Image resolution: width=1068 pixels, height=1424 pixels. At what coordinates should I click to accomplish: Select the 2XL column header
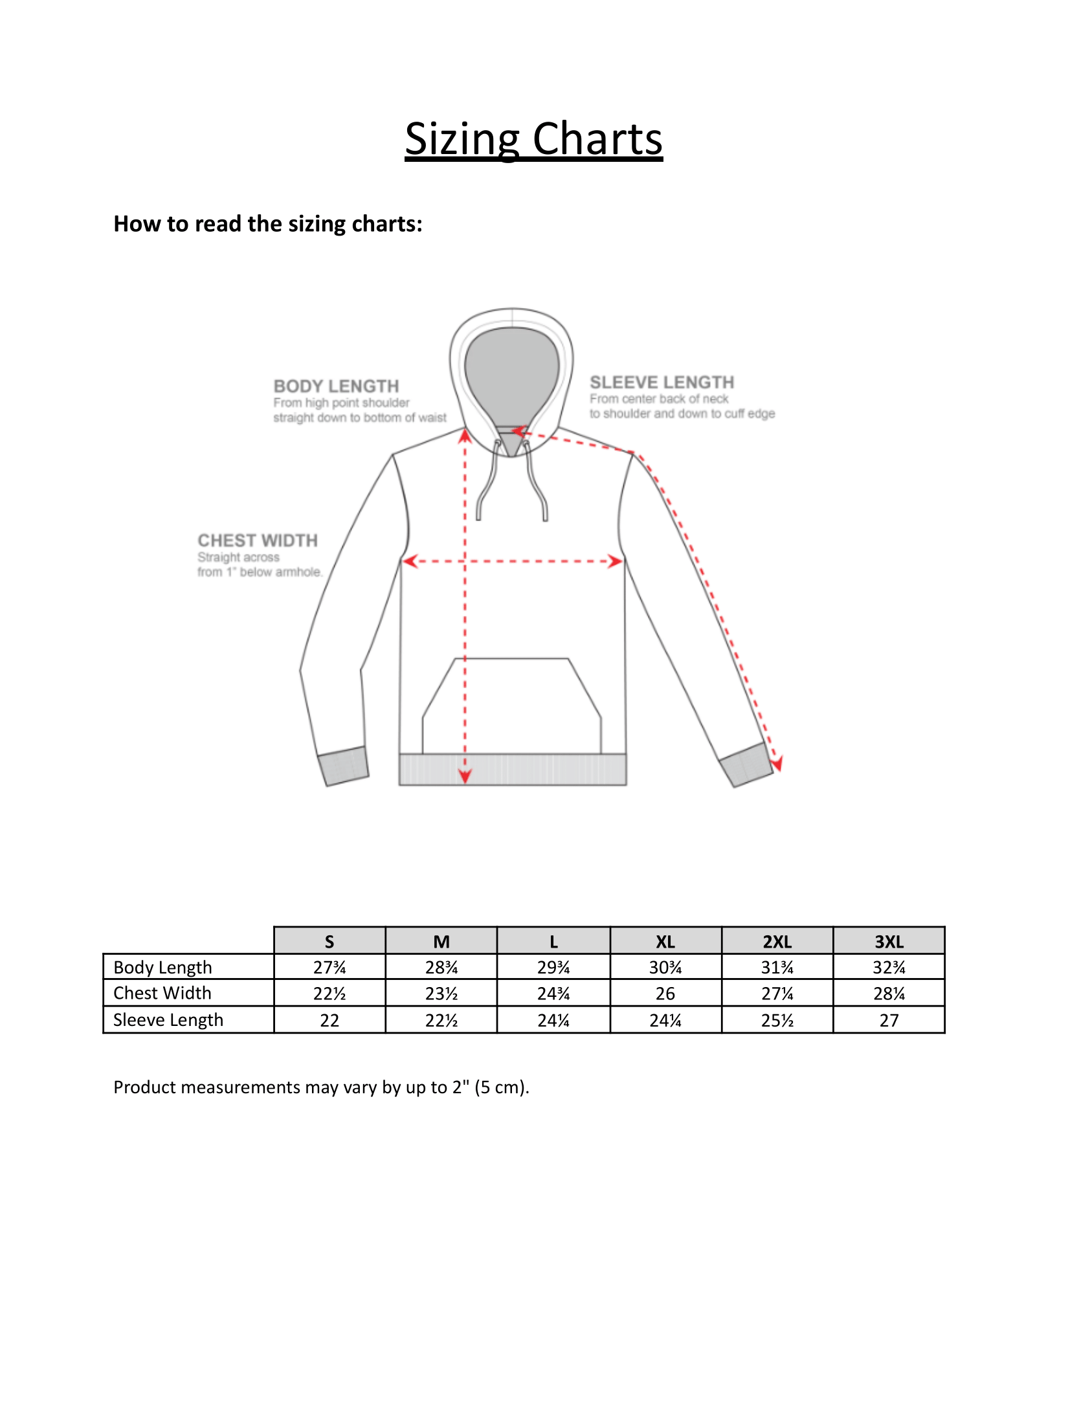pyautogui.click(x=777, y=941)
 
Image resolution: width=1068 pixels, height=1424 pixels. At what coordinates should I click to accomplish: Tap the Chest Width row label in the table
pyautogui.click(x=162, y=993)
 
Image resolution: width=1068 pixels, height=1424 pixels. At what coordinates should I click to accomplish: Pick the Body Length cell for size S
pyautogui.click(x=329, y=967)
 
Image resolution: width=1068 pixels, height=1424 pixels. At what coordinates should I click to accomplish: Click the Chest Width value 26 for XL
pyautogui.click(x=665, y=994)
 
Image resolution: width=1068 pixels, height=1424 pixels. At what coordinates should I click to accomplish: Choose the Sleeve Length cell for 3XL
pyautogui.click(x=889, y=1021)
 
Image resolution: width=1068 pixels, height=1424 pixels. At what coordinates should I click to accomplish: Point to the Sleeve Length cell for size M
pyautogui.click(x=441, y=1021)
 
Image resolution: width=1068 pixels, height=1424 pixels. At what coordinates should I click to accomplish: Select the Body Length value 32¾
pyautogui.click(x=889, y=967)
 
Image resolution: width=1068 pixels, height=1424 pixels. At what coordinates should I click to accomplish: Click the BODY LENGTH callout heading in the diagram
pyautogui.click(x=336, y=386)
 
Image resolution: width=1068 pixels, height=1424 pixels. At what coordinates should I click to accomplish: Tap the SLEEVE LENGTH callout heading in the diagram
pyautogui.click(x=662, y=383)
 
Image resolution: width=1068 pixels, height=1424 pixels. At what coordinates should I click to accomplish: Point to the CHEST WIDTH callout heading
pyautogui.click(x=258, y=540)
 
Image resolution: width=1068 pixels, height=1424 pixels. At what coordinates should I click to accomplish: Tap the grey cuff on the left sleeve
pyautogui.click(x=344, y=766)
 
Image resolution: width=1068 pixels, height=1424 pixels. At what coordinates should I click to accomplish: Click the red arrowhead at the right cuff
pyautogui.click(x=777, y=764)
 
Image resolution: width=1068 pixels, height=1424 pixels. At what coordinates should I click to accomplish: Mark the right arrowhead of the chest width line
pyautogui.click(x=616, y=561)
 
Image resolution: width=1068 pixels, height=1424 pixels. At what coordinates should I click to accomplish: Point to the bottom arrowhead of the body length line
pyautogui.click(x=465, y=775)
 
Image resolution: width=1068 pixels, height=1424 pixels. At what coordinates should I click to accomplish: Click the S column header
pyautogui.click(x=329, y=941)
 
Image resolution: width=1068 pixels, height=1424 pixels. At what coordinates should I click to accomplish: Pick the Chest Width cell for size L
pyautogui.click(x=553, y=994)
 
